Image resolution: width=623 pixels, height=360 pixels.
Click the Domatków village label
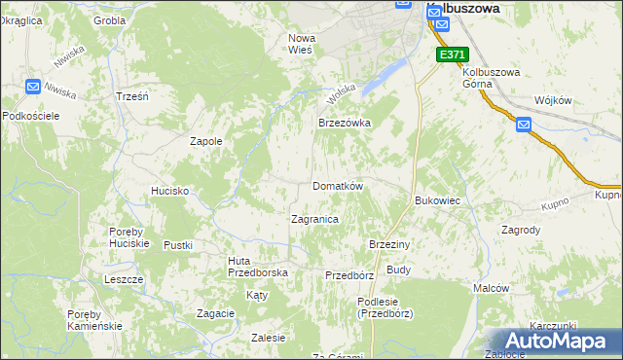pyautogui.click(x=338, y=186)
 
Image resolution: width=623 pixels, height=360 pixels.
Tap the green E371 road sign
pyautogui.click(x=452, y=55)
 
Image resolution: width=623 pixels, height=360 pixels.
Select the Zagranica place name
pyautogui.click(x=314, y=220)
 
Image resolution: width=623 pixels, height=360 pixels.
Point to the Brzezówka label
pyautogui.click(x=346, y=124)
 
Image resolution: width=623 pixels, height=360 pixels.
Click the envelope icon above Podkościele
pyautogui.click(x=32, y=87)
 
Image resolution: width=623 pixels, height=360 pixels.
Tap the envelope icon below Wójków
pyautogui.click(x=523, y=125)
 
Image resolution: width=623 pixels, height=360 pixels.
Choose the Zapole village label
pyautogui.click(x=205, y=141)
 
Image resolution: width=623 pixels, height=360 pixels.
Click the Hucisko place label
pyautogui.click(x=169, y=192)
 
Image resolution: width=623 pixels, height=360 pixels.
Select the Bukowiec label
pyautogui.click(x=437, y=200)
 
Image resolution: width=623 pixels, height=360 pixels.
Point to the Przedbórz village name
pyautogui.click(x=349, y=275)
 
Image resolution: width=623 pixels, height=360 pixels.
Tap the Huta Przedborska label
pyautogui.click(x=257, y=267)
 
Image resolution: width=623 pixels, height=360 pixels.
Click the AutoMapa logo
pyautogui.click(x=552, y=342)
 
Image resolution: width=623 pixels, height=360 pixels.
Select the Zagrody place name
pyautogui.click(x=520, y=231)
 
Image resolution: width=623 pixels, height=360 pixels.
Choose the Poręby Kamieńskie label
pyautogui.click(x=94, y=320)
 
